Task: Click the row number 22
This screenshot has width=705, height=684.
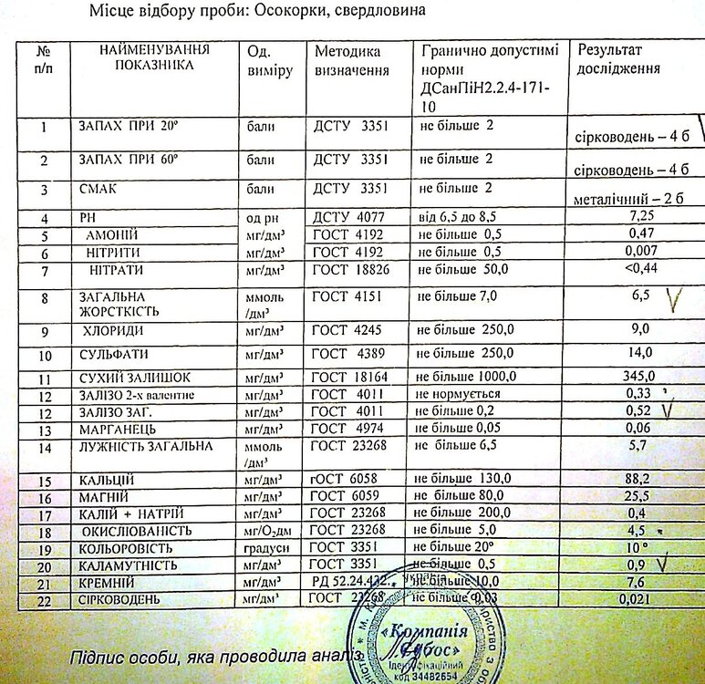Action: [42, 599]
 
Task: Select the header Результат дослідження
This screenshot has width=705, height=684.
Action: [617, 60]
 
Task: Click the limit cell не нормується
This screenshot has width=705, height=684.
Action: [460, 394]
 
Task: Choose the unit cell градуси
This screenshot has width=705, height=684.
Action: [270, 548]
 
